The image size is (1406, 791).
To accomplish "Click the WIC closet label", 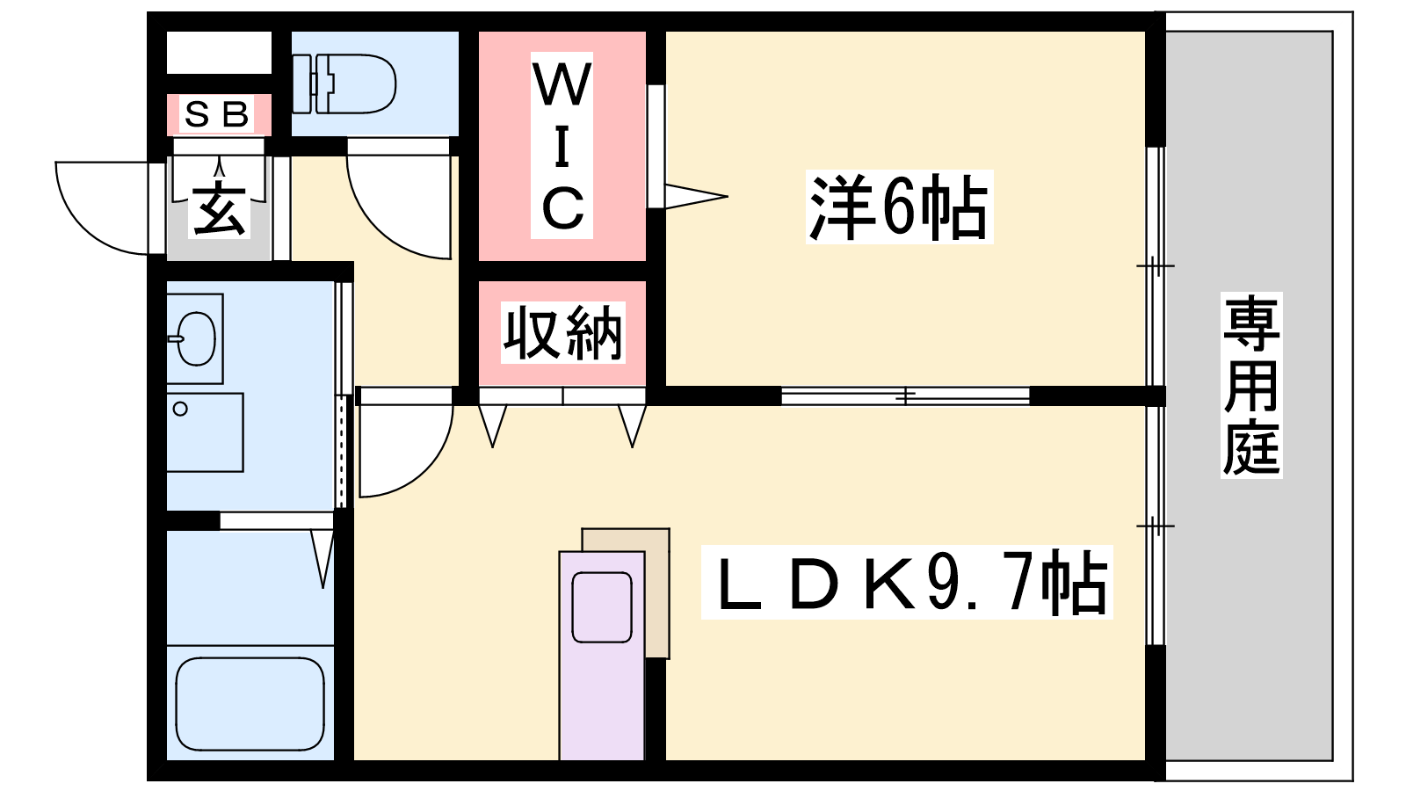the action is (562, 146).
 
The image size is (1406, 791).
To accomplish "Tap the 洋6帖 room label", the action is (899, 207).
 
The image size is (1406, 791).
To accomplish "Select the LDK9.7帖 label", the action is (906, 582).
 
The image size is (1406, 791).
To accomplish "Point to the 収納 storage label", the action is (563, 332).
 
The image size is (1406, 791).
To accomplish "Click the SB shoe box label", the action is (216, 114).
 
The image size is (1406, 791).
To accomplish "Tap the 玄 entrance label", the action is (219, 209).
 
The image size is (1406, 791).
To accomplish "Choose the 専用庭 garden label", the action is (1251, 385).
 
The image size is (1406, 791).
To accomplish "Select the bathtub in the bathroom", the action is (250, 703).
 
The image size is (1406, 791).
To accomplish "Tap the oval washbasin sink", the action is (196, 339).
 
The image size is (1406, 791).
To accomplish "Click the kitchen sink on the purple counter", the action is (601, 607).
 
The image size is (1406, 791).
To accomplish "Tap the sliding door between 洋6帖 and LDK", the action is (905, 396).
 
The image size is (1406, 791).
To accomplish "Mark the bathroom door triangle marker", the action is (323, 559).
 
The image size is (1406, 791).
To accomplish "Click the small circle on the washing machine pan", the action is (180, 410).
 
